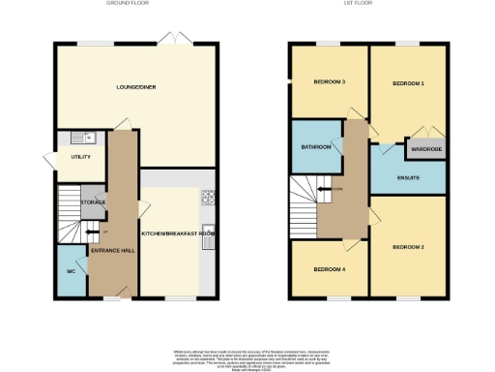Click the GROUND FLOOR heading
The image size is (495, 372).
tap(125, 4)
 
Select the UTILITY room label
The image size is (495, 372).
tap(67, 156)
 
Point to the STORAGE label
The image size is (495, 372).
tap(93, 201)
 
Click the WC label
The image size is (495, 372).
tap(71, 271)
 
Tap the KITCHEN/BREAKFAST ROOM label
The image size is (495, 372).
tap(178, 234)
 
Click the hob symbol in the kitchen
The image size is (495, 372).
tap(207, 199)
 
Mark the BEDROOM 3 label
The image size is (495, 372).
tap(329, 81)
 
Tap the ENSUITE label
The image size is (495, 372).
tap(407, 179)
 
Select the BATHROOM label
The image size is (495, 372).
tap(316, 147)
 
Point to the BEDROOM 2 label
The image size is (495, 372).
tap(408, 248)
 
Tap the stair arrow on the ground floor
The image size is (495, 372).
tap(93, 232)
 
